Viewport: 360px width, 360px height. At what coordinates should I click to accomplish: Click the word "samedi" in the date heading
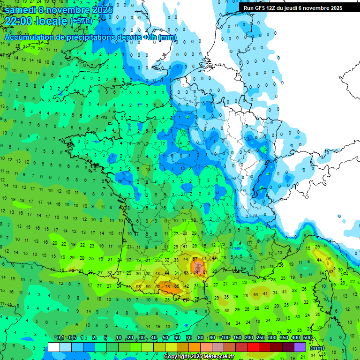click(20, 9)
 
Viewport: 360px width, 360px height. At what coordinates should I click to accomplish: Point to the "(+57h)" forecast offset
click(81, 21)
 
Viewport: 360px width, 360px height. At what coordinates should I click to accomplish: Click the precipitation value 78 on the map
click(167, 287)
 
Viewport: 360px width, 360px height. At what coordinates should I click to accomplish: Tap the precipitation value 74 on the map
click(196, 273)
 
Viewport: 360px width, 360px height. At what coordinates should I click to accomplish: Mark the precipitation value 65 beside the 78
click(177, 286)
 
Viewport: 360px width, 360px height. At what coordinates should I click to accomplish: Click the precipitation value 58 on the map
click(138, 286)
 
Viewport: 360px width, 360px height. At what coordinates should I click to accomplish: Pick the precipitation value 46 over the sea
click(255, 295)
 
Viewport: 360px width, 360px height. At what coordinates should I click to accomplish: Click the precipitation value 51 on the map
click(205, 259)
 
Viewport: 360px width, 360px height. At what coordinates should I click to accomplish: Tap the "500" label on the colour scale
click(307, 338)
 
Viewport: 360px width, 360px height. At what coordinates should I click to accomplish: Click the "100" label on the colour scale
click(225, 338)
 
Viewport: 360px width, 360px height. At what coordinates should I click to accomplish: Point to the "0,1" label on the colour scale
click(60, 338)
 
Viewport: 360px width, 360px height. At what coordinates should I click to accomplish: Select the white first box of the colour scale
click(54, 347)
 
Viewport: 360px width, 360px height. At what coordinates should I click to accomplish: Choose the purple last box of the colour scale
click(300, 347)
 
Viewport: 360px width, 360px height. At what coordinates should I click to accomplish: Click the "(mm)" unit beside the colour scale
click(317, 348)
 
